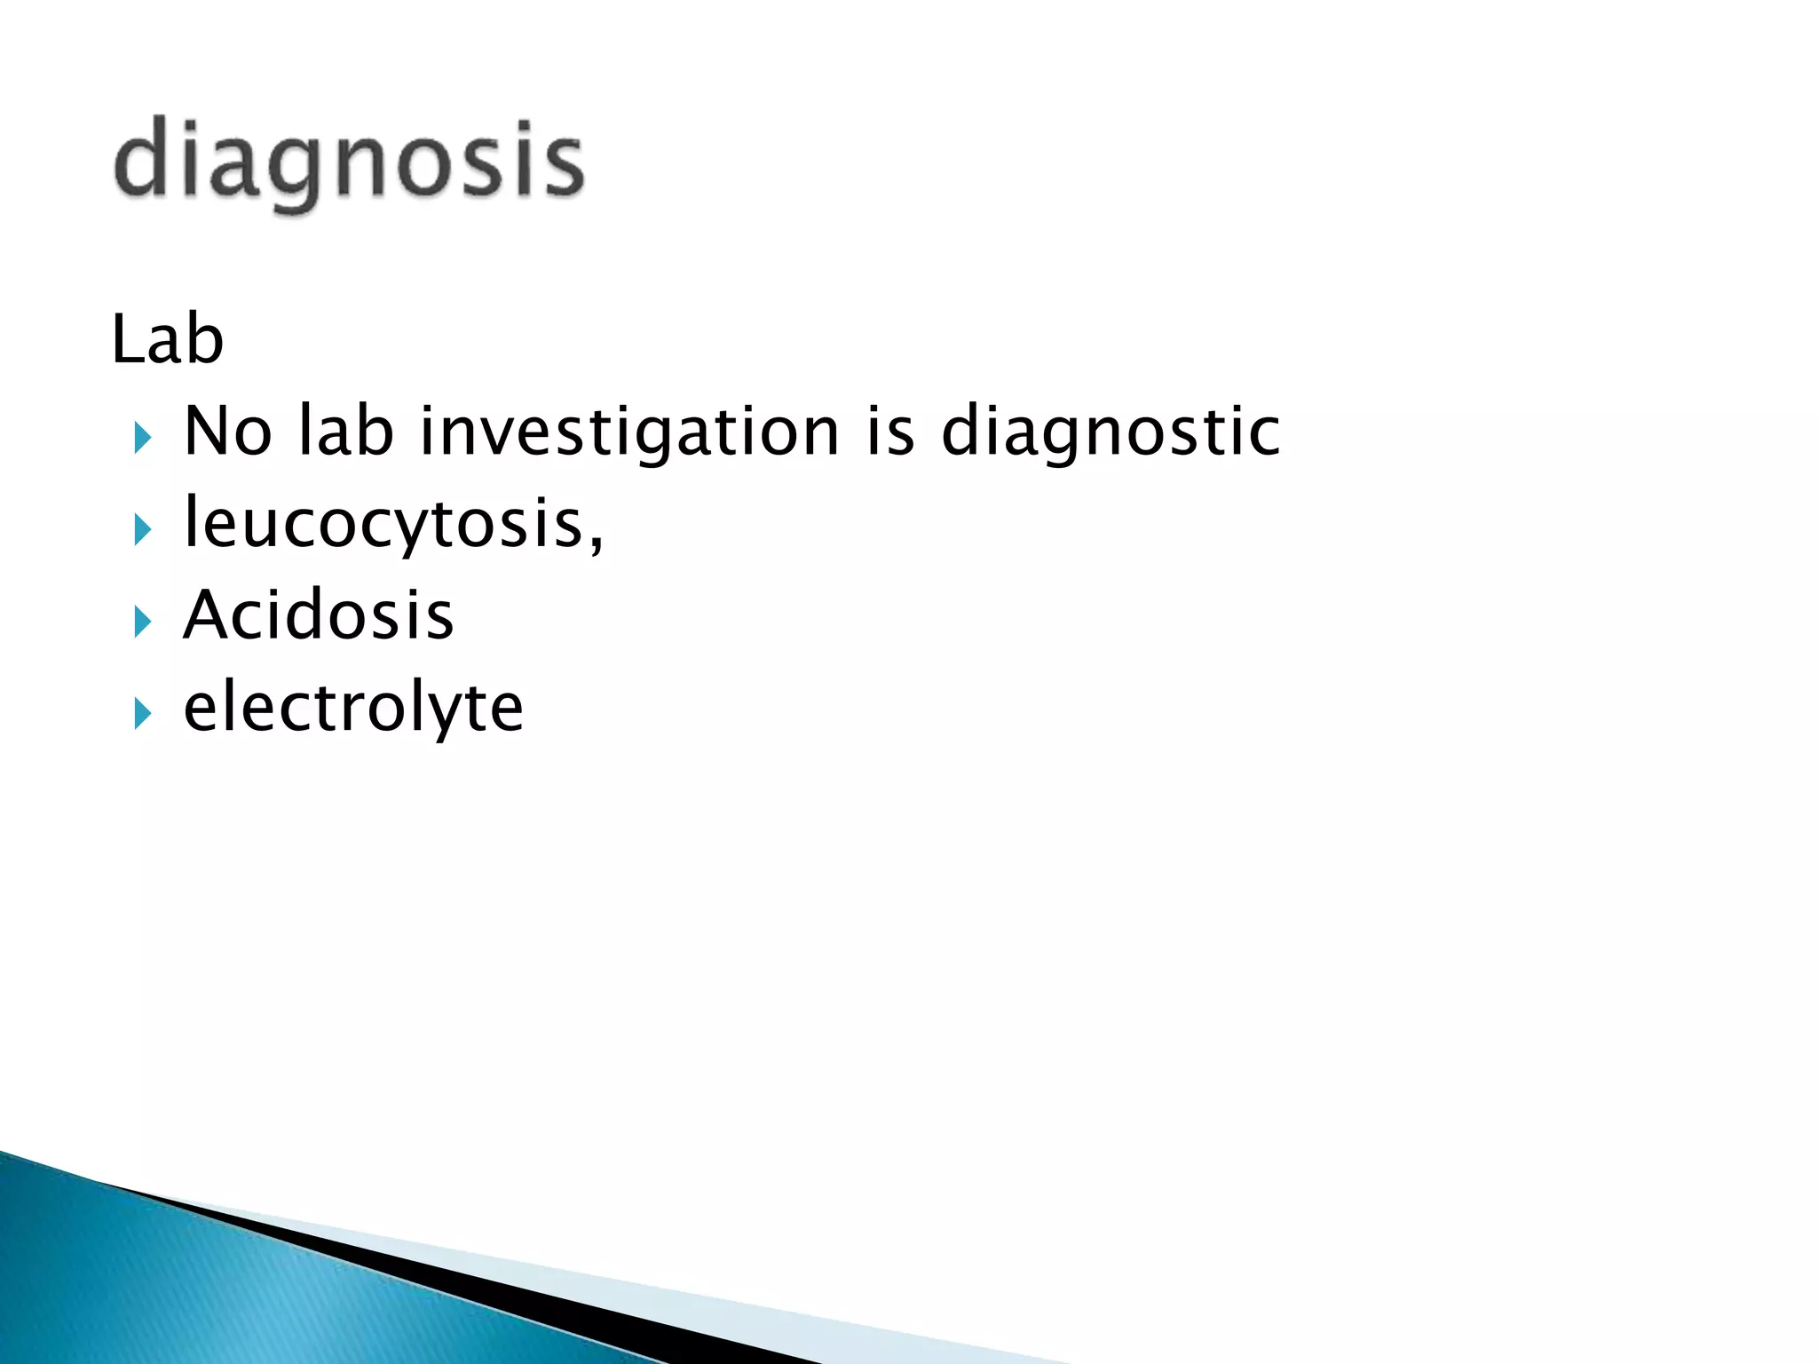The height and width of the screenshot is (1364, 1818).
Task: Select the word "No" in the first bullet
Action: click(227, 431)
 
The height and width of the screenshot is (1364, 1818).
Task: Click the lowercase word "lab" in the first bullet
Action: click(345, 431)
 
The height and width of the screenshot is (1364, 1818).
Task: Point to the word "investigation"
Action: click(628, 432)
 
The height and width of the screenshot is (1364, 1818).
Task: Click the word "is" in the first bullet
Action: click(889, 431)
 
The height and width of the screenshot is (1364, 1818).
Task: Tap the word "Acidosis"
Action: click(318, 615)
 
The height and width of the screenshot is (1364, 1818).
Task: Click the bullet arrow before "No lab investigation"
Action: click(142, 437)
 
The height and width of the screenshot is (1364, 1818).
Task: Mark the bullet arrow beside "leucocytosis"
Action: click(142, 530)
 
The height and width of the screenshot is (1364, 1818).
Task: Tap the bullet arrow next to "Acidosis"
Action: click(142, 622)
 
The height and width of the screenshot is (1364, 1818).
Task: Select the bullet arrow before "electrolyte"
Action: click(142, 713)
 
